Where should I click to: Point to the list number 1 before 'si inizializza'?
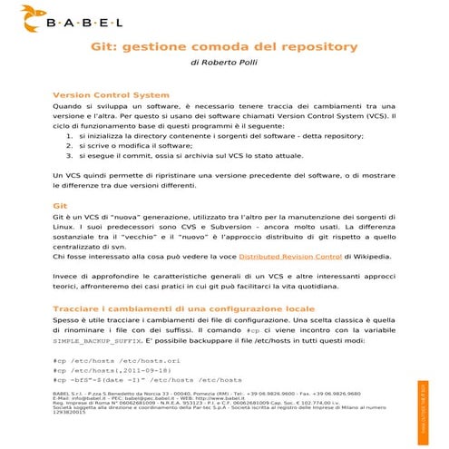pyautogui.click(x=83, y=135)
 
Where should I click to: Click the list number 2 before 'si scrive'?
pyautogui.click(x=83, y=145)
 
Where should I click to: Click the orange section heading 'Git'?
pyautogui.click(x=61, y=207)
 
